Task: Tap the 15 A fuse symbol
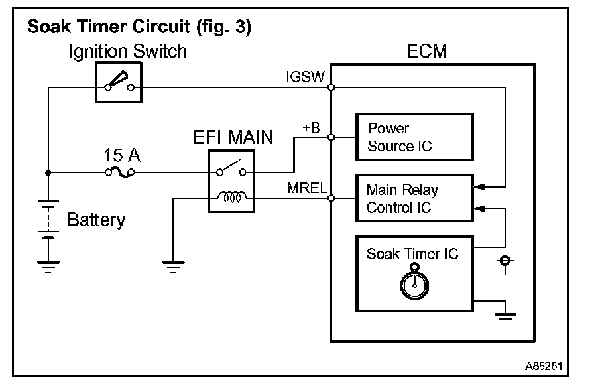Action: (x=120, y=172)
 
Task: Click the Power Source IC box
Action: (x=415, y=137)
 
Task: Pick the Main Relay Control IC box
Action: (x=415, y=198)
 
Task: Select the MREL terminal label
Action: (x=307, y=188)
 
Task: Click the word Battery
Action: (x=96, y=220)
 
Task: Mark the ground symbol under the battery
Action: (x=48, y=266)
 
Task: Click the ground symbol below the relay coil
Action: (x=172, y=266)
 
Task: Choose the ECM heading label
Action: (x=428, y=51)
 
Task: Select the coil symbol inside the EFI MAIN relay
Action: (x=231, y=198)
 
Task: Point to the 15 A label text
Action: (x=121, y=156)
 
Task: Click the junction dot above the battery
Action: (x=48, y=172)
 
